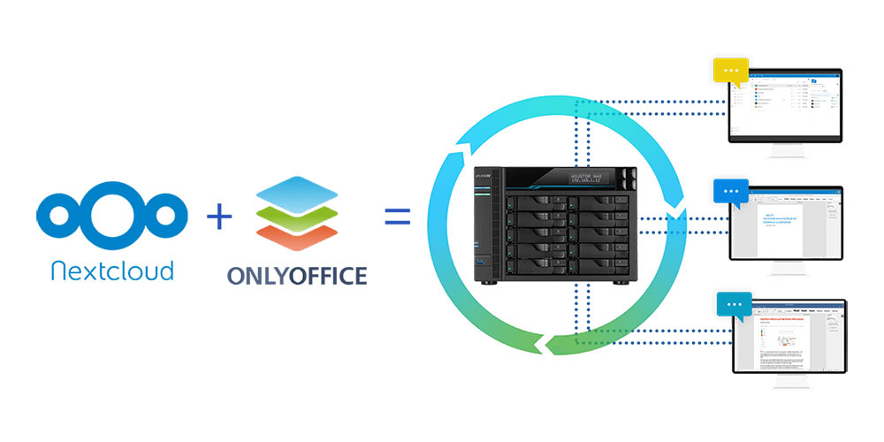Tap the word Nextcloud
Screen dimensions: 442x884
pos(112,269)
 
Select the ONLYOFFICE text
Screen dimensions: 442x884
pos(296,276)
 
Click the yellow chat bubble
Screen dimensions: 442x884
pos(730,70)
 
